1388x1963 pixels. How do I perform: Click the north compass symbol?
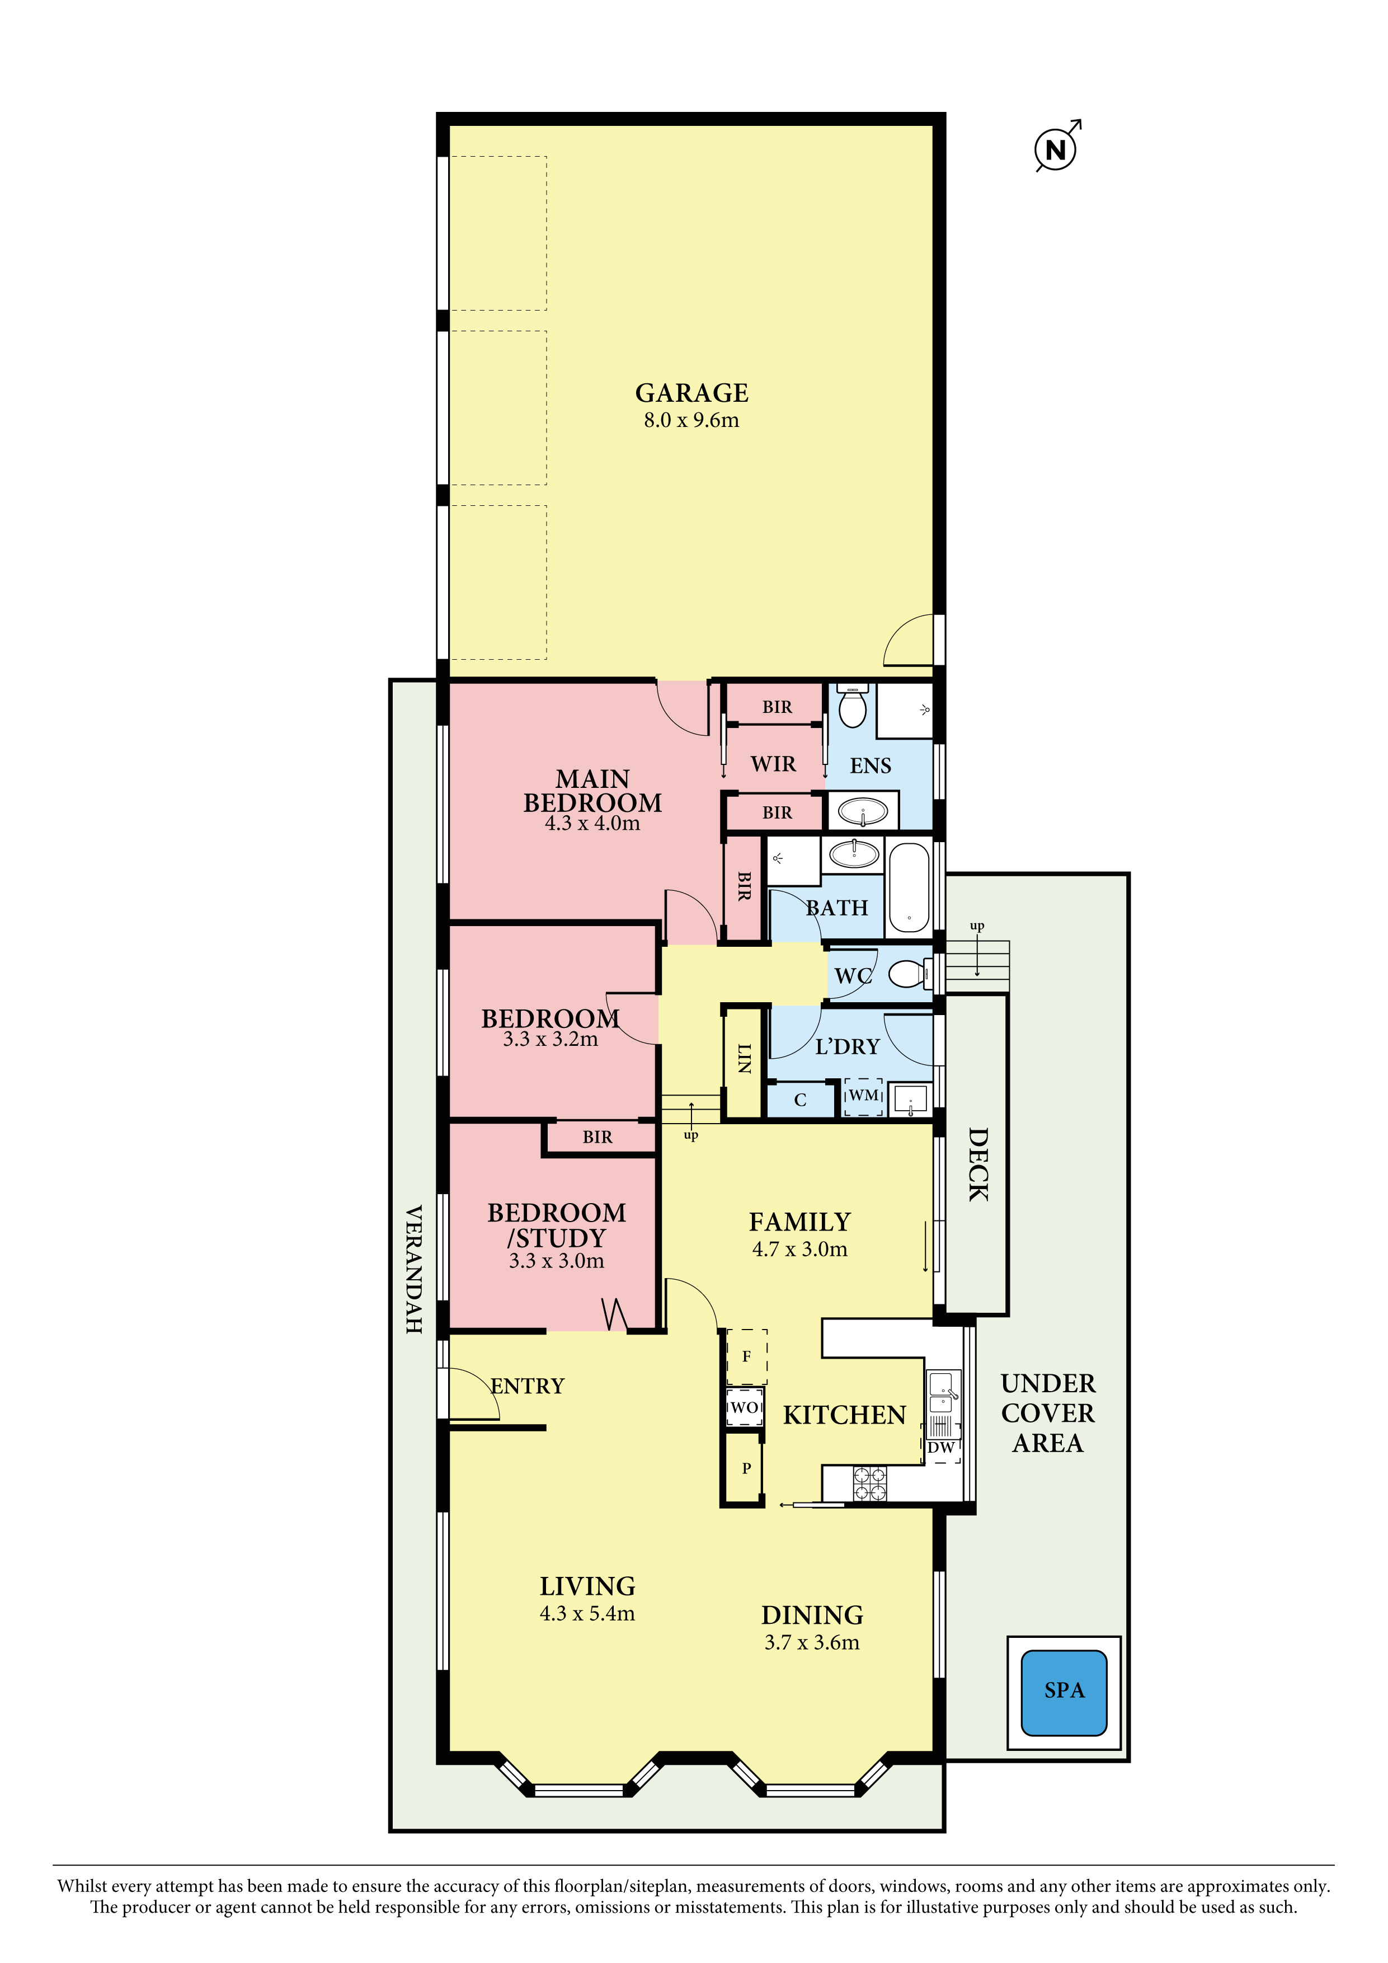(x=1056, y=149)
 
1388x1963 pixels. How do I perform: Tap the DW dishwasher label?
(x=941, y=1448)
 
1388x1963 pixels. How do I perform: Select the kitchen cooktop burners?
(x=870, y=1483)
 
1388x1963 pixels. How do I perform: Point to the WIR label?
(x=774, y=763)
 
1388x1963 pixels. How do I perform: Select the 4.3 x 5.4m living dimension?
(x=587, y=1613)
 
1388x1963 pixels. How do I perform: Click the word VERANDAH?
(x=413, y=1270)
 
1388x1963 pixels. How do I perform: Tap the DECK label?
(x=978, y=1164)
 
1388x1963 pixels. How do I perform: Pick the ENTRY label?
(x=528, y=1386)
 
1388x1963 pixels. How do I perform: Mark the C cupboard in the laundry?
(x=801, y=1100)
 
